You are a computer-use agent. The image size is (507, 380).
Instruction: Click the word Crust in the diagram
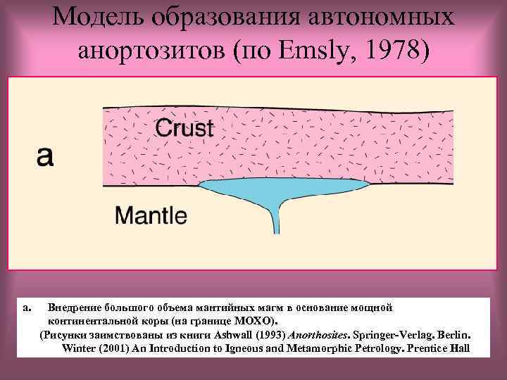coord(184,129)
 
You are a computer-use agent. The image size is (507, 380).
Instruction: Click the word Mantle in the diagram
coord(151,215)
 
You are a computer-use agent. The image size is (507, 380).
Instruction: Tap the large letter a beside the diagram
coord(44,156)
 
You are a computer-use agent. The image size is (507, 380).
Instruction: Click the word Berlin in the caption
coord(453,334)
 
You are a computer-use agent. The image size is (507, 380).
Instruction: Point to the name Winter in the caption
coord(79,348)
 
